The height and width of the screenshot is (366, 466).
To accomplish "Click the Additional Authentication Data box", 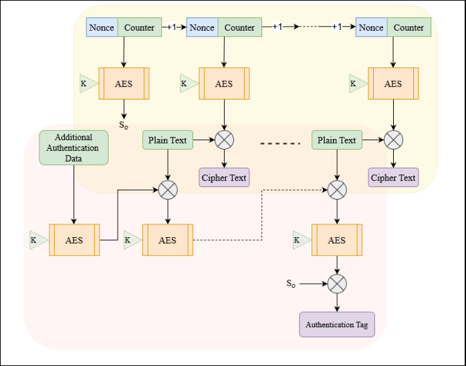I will click(x=74, y=148).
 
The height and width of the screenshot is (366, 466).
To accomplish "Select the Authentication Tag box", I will click(x=336, y=325).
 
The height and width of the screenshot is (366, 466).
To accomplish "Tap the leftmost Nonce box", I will click(x=102, y=27).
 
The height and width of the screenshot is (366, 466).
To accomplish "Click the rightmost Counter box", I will click(x=409, y=27).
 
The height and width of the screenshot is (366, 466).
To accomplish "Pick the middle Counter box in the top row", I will click(x=239, y=27).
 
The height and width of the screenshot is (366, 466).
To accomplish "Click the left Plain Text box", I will click(x=168, y=140).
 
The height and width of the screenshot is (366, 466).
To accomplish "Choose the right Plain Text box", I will click(x=337, y=140).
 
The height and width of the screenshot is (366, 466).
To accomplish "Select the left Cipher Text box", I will click(x=224, y=178).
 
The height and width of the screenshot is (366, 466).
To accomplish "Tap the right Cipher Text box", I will click(x=393, y=178).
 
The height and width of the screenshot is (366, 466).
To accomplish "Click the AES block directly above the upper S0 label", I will click(x=123, y=83).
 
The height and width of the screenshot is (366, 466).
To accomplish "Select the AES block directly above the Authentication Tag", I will click(x=337, y=240).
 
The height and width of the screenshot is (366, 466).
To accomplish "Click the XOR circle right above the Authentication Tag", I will click(x=337, y=284).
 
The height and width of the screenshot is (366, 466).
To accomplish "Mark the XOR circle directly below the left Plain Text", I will click(x=168, y=190).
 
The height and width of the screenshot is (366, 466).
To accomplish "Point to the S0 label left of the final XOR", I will click(x=291, y=284).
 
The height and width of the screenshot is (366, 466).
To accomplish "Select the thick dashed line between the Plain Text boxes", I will click(x=280, y=141).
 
